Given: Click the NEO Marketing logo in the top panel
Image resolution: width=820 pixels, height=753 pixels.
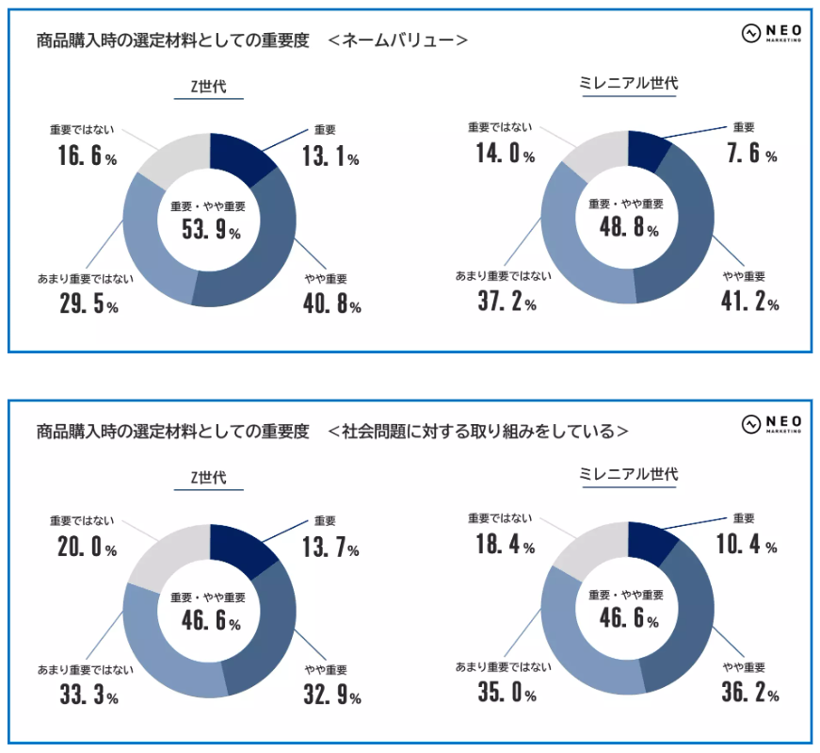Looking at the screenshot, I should click(771, 34).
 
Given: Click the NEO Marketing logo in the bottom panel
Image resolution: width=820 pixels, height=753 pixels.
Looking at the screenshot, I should click(771, 424).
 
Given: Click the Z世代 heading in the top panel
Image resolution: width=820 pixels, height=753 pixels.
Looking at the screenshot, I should click(209, 87).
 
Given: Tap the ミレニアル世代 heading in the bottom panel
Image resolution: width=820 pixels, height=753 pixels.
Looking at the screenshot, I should click(628, 474).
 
